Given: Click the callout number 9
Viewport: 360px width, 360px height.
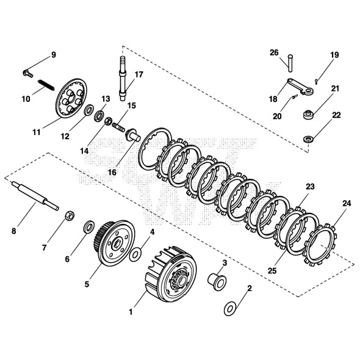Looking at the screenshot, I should point(53,56).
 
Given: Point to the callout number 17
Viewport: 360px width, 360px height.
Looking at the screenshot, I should point(139,75).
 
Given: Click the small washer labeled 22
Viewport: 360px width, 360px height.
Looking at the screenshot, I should point(309,139).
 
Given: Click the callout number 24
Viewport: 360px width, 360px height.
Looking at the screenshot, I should point(347,203).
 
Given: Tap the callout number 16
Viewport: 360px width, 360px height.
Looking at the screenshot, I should point(112,173).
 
